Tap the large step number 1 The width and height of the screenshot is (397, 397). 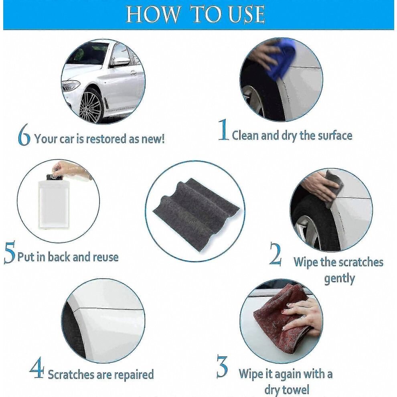coord(224,130)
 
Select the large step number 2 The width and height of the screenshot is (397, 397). coord(275,254)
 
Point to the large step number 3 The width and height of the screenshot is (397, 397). coord(222,367)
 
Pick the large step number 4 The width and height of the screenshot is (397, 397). coord(37,368)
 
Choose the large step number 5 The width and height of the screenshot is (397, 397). coord(10,252)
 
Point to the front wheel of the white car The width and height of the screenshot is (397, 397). coord(91,106)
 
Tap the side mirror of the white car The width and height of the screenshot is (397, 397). coord(120,61)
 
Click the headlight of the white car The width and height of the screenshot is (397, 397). coord(70,86)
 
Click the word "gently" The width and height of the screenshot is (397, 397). coord(339,279)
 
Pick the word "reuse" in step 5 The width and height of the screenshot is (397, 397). coord(105,257)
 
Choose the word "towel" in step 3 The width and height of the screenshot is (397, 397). coord(297,390)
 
